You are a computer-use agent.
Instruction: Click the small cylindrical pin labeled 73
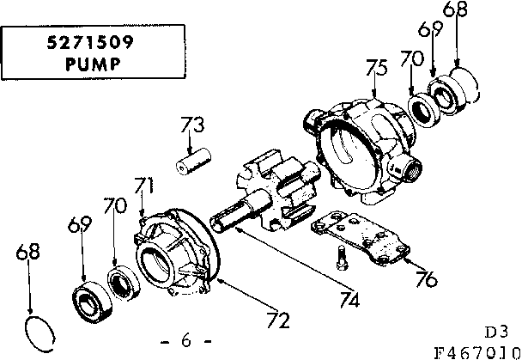pyautogui.click(x=194, y=163)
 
